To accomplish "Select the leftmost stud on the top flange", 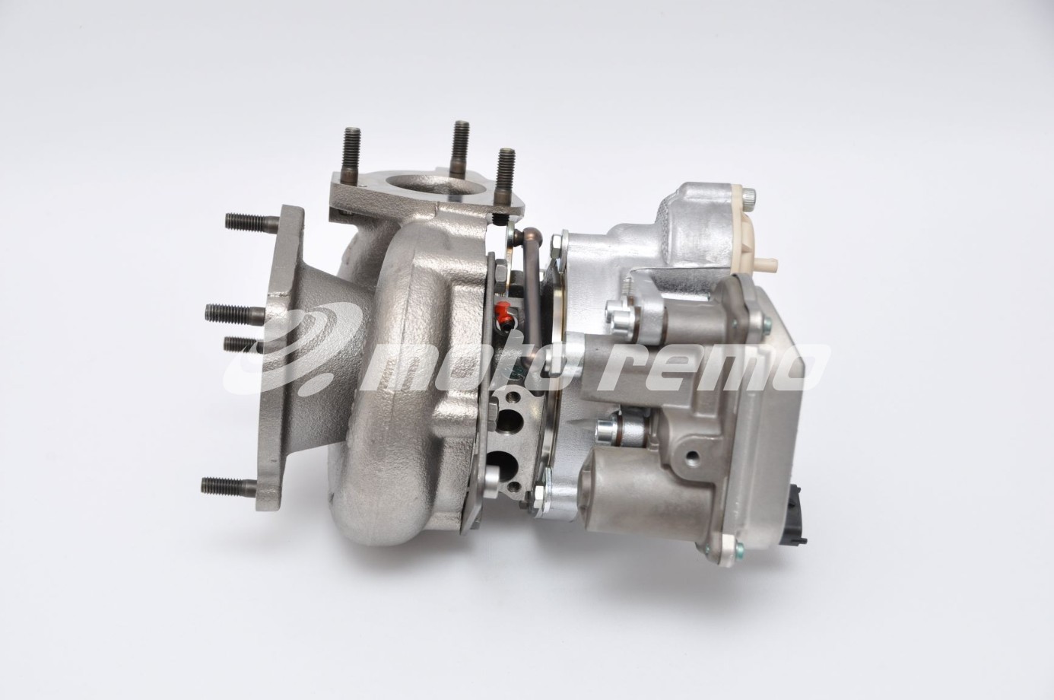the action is pyautogui.click(x=352, y=151).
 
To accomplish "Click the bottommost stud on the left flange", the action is pyautogui.click(x=229, y=485).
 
